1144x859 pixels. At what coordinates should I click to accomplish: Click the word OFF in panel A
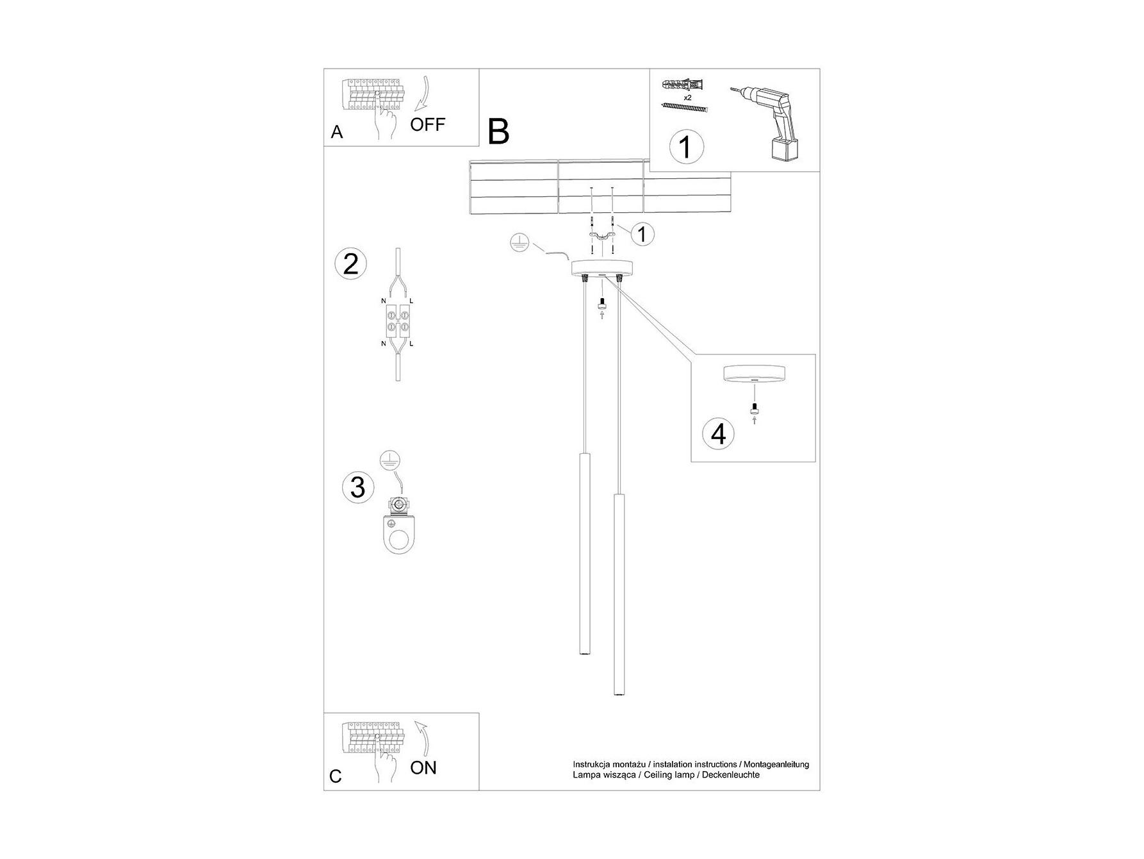427,124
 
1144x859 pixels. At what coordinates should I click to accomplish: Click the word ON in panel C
423,767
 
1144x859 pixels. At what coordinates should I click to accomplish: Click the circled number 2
351,264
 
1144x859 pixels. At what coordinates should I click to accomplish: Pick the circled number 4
719,433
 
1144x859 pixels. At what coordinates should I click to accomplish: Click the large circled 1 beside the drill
685,147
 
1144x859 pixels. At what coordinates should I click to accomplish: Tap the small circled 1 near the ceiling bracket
642,234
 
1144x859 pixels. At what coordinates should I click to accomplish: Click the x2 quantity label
687,97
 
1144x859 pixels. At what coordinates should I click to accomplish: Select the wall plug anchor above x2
685,85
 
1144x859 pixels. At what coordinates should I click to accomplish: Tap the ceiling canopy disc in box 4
753,373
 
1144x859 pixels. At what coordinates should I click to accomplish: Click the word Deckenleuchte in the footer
732,774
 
